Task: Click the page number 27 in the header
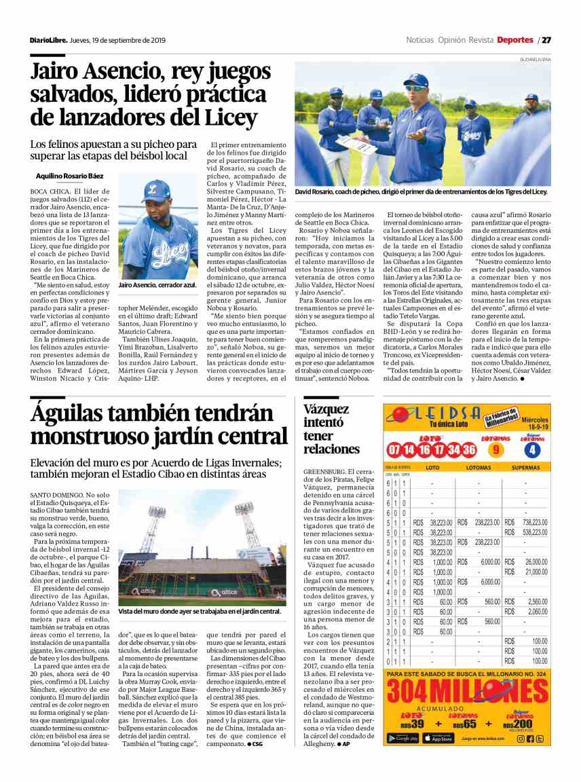tap(546, 39)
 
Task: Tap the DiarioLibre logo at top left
tap(48, 40)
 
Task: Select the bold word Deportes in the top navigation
tap(514, 39)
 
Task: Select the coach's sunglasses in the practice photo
tap(415, 88)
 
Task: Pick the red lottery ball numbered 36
tap(469, 450)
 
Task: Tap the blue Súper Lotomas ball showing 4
tap(532, 449)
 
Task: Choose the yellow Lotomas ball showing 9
tap(495, 449)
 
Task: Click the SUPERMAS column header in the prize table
tap(525, 468)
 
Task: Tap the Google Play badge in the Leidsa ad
tap(402, 738)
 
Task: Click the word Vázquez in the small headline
tap(326, 409)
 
